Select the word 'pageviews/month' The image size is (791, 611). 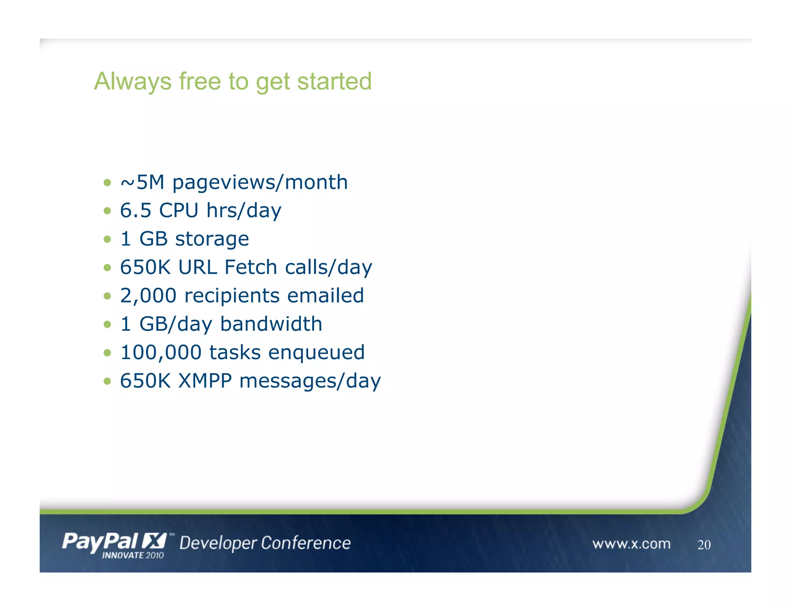click(260, 183)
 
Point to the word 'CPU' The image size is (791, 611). click(178, 210)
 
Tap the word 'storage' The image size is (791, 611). click(212, 239)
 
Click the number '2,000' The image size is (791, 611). click(148, 296)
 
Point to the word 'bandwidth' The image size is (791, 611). click(271, 324)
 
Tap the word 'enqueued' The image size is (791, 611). click(316, 353)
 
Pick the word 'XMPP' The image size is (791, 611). click(205, 381)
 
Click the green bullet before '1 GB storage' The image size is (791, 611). click(107, 239)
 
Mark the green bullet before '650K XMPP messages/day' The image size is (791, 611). click(107, 381)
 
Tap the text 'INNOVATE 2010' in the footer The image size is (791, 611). click(133, 555)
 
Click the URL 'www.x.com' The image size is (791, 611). click(631, 544)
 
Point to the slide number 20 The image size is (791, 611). click(704, 545)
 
